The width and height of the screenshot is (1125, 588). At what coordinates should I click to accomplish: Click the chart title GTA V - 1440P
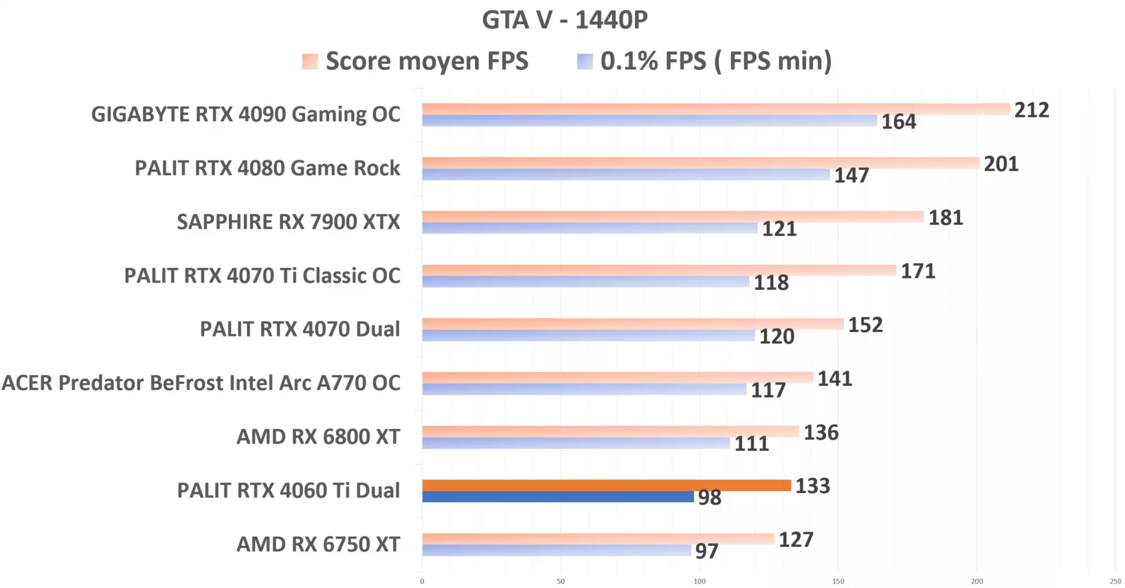pos(565,20)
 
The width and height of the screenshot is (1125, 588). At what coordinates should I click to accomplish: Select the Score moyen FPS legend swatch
pos(310,61)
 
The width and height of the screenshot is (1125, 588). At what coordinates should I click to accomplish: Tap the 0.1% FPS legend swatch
pos(585,61)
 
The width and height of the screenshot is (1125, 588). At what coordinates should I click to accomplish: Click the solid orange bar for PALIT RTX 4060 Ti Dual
pos(606,485)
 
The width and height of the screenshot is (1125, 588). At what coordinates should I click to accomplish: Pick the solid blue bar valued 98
pos(558,497)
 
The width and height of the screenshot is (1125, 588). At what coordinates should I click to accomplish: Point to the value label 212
pos(1032,110)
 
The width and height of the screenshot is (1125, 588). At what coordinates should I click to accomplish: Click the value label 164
pos(899,121)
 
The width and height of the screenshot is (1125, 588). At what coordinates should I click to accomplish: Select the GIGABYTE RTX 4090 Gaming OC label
pos(246,114)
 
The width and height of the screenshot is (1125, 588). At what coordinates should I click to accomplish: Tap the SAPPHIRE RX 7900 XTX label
pos(288,222)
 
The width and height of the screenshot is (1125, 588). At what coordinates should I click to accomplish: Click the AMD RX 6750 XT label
pos(318,545)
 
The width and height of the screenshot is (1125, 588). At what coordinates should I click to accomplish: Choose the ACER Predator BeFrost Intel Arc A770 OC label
pos(201,383)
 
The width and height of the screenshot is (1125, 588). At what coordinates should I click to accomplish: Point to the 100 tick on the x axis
pos(699,581)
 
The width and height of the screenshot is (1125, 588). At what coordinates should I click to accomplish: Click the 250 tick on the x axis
pos(1115,581)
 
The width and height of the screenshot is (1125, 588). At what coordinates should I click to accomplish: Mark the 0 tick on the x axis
pos(422,581)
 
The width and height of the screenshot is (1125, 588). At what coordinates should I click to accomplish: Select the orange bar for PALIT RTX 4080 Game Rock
pos(700,163)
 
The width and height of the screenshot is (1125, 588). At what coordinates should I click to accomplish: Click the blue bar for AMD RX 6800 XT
pos(576,443)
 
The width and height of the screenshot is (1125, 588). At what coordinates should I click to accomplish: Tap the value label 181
pos(945,218)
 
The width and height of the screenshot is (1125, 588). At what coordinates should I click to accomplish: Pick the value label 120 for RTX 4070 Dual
pos(777,336)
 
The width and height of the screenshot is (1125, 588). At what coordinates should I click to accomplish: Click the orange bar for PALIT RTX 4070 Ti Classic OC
pos(659,270)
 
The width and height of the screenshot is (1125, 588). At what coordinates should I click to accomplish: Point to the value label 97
pos(706,551)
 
